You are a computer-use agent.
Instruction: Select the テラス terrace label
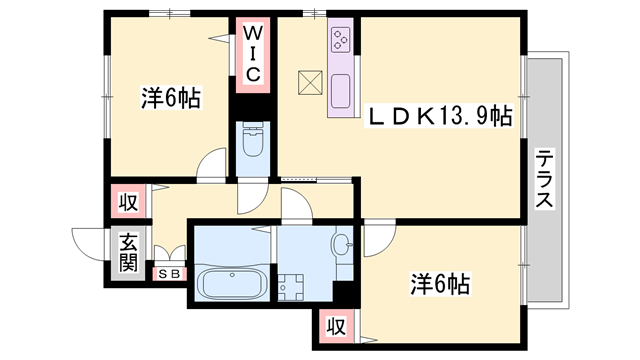coord(545,179)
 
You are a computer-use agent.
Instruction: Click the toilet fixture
coord(250,144)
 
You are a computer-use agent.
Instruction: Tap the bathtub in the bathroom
coord(229,282)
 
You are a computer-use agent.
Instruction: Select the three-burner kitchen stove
coord(340,41)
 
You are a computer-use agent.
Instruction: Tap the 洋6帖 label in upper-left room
coord(170,98)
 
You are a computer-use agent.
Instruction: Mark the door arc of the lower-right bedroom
coord(379,236)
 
